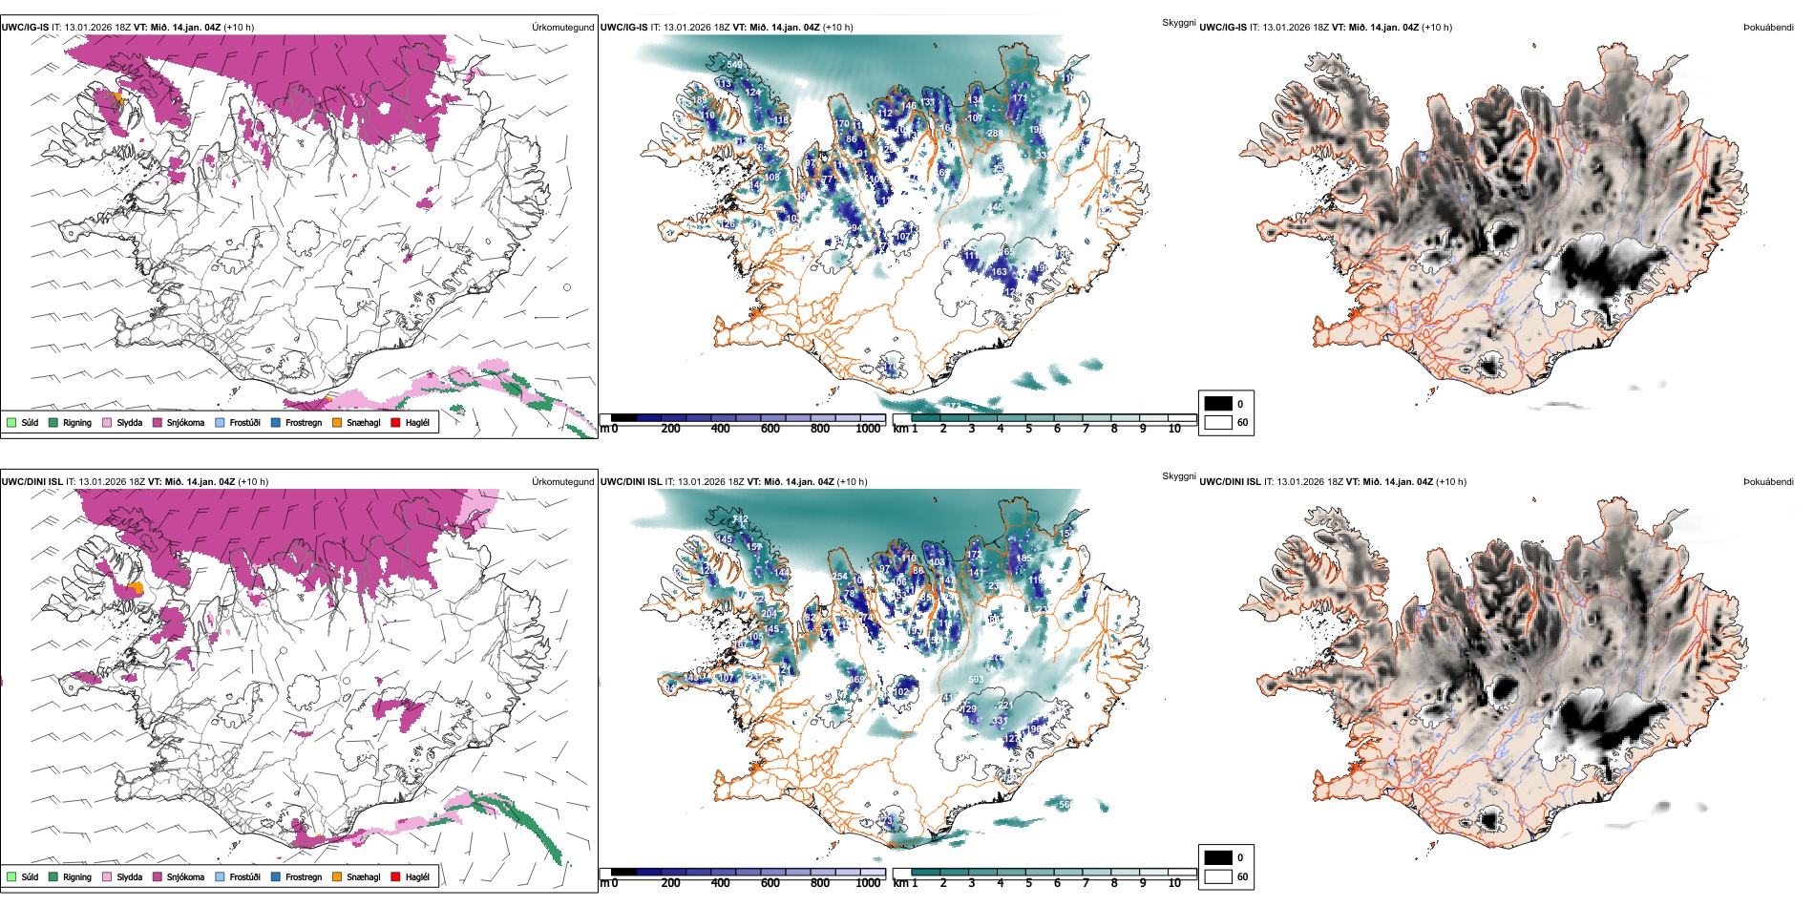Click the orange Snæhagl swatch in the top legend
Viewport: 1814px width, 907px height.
[337, 422]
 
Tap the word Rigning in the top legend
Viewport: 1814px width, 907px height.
[77, 423]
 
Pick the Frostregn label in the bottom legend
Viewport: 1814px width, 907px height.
[304, 877]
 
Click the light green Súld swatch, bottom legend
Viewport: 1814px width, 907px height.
[11, 876]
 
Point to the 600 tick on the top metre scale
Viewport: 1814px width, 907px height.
[770, 429]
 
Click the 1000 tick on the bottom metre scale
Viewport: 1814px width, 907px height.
[868, 883]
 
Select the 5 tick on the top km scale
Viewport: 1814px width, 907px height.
[1029, 429]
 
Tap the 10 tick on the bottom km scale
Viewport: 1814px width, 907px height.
[1174, 883]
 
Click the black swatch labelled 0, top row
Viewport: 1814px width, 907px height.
[1218, 404]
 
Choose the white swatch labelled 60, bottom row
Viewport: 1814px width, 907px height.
[1218, 875]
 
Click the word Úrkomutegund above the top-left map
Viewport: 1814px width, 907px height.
[562, 28]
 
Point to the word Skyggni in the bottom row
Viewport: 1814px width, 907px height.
[1178, 475]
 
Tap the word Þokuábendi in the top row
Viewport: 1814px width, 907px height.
[1768, 28]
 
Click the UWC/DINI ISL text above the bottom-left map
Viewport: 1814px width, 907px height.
[32, 482]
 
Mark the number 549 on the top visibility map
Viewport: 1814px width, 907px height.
[734, 65]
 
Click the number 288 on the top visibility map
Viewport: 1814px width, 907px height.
[995, 134]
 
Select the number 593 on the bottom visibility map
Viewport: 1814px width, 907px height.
[976, 681]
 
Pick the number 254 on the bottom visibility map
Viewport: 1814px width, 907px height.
[840, 577]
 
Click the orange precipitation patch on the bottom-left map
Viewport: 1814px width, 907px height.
[137, 587]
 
